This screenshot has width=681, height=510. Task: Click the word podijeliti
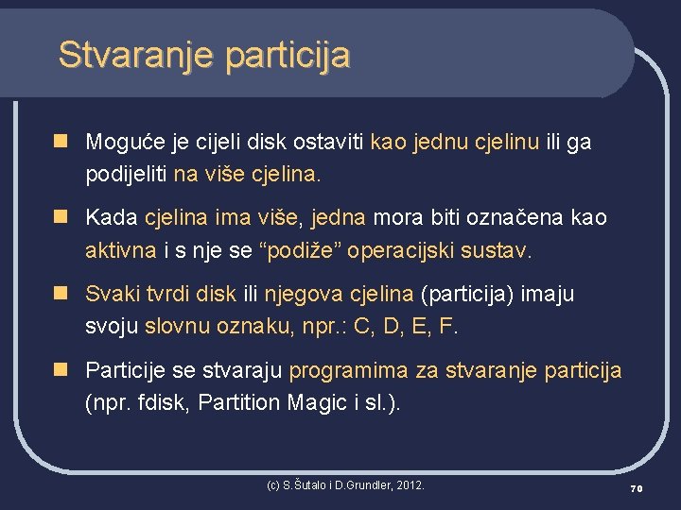126,175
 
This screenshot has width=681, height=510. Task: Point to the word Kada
112,217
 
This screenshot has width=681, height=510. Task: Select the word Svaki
112,294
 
